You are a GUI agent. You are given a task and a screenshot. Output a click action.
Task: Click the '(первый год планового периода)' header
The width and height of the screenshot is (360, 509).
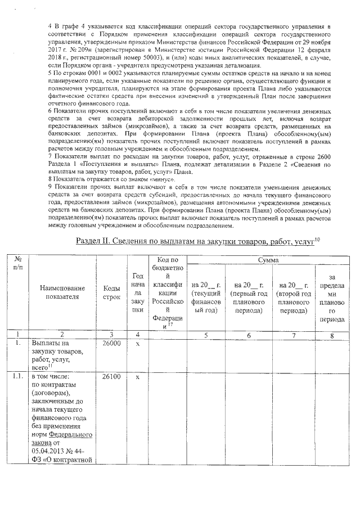[x=249, y=298]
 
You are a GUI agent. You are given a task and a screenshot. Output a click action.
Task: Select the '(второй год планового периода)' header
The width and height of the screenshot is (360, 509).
[x=292, y=298]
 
